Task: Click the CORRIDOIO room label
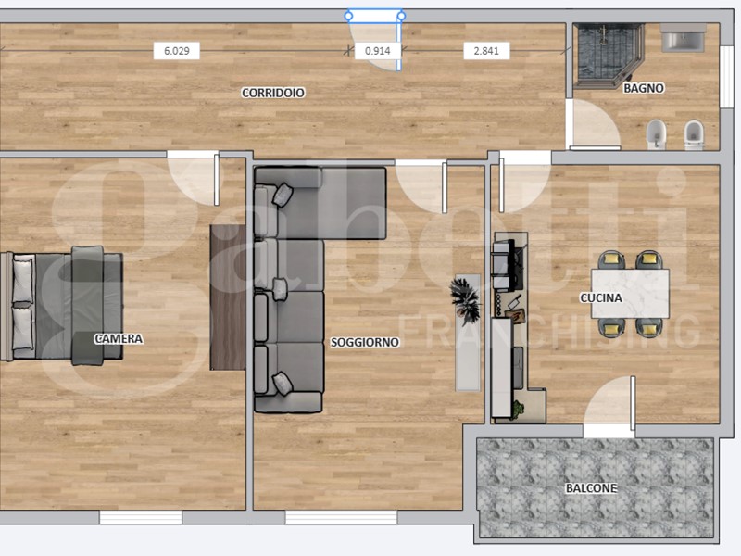[273, 93]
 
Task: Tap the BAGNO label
[643, 89]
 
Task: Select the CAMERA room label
[119, 339]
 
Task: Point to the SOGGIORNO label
[365, 342]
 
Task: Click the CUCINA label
[601, 298]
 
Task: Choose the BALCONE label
[591, 488]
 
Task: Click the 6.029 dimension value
[176, 51]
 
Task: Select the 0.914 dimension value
[377, 51]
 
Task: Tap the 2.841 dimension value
[486, 51]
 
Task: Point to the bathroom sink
[684, 41]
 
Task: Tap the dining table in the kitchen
[630, 292]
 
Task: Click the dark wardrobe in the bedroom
[228, 297]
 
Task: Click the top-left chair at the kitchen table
[612, 261]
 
